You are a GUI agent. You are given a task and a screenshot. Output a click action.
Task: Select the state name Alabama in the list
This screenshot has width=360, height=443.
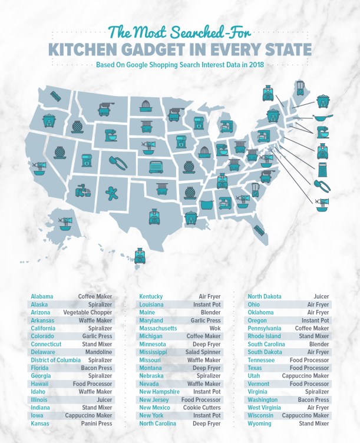pos(42,296)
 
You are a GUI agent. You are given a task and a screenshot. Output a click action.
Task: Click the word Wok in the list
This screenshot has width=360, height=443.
pos(214,328)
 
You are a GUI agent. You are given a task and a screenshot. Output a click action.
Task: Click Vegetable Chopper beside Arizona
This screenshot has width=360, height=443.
pos(87,312)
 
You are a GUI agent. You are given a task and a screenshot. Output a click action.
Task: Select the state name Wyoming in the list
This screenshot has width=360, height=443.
pos(260,423)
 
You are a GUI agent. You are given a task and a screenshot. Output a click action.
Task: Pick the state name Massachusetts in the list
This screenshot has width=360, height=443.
pos(158,328)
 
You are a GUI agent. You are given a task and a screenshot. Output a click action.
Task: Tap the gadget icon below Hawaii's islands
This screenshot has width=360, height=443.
pos(140,256)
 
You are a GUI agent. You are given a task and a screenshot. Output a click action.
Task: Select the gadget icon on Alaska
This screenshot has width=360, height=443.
pos(65,223)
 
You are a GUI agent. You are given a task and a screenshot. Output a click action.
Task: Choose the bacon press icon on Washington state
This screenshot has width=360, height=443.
pos(57,96)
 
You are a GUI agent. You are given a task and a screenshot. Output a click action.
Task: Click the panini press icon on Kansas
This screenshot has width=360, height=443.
pos(156,167)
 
